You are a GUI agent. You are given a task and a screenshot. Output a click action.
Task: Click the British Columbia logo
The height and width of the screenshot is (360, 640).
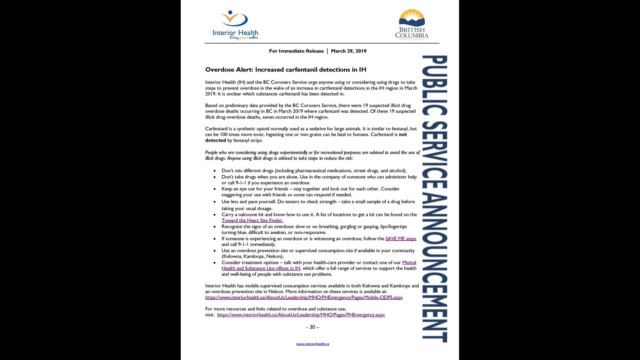pyautogui.click(x=412, y=24)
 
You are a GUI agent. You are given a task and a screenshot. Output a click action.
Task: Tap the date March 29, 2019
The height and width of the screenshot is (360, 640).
pyautogui.click(x=348, y=51)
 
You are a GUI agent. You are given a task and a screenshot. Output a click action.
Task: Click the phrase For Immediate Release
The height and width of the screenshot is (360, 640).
pyautogui.click(x=296, y=51)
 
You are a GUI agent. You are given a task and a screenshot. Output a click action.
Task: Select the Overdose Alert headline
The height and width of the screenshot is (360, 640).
pyautogui.click(x=286, y=70)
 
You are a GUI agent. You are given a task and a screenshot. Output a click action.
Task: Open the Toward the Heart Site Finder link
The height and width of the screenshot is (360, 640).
pyautogui.click(x=252, y=220)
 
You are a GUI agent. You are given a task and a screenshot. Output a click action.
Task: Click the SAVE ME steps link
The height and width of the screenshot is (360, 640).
pyautogui.click(x=401, y=239)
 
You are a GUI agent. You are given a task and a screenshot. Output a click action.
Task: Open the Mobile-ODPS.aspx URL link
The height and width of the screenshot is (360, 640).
pyautogui.click(x=304, y=298)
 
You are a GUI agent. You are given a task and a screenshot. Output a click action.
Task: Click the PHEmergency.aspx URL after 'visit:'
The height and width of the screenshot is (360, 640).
pyautogui.click(x=301, y=315)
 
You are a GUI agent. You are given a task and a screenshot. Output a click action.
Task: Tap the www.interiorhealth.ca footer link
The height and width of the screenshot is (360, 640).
pyautogui.click(x=312, y=344)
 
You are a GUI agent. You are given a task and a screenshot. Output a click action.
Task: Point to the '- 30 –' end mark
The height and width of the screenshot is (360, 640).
pyautogui.click(x=312, y=327)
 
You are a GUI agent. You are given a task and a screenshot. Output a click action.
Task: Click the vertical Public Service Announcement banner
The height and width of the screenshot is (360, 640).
pyautogui.click(x=435, y=198)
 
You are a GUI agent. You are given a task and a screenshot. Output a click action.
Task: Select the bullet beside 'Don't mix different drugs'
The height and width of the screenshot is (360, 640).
pyautogui.click(x=215, y=171)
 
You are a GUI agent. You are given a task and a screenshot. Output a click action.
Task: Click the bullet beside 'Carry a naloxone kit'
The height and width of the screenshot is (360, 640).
pyautogui.click(x=215, y=215)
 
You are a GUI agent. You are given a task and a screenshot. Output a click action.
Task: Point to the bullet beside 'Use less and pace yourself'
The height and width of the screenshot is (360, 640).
pyautogui.click(x=215, y=202)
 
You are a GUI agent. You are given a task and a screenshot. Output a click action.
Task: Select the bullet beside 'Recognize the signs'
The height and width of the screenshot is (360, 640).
pyautogui.click(x=215, y=227)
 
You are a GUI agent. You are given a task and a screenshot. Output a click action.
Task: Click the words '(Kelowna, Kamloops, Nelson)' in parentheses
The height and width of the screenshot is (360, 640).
pyautogui.click(x=252, y=256)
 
